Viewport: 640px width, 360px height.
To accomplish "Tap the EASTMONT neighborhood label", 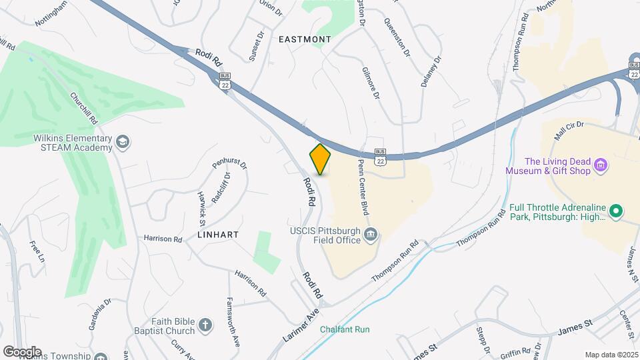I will (x=304, y=39).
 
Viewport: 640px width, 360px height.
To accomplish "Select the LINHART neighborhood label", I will (x=217, y=235).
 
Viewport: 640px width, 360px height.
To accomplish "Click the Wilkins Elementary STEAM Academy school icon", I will (x=123, y=141).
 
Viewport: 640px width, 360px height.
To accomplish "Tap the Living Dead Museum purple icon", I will (x=600, y=165).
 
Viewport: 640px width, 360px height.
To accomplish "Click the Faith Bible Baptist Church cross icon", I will (x=206, y=325).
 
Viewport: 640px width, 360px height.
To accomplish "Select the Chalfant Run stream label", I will (x=344, y=329).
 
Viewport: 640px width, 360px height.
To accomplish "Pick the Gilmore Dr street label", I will (x=371, y=83).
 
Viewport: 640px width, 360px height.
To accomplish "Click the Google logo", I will (x=21, y=352).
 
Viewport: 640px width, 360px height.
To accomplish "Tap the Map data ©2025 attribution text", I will (x=611, y=355).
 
